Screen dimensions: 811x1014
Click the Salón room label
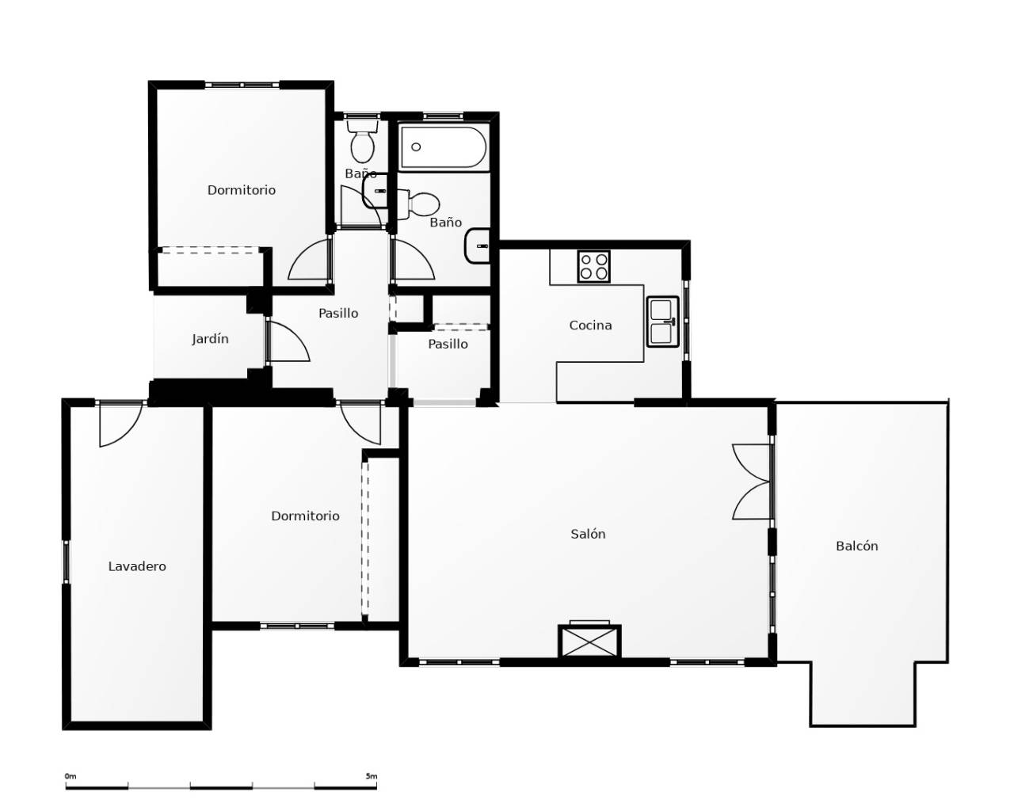point(588,534)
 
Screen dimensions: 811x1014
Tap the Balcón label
point(856,546)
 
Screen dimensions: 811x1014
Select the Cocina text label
point(590,325)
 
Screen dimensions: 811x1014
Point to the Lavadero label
point(137,566)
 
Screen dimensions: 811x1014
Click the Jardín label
point(210,339)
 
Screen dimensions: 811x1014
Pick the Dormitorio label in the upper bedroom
point(242,190)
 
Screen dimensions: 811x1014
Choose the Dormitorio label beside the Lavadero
point(305,516)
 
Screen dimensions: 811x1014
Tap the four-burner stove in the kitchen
point(593,266)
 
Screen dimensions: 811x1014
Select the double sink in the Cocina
point(662,322)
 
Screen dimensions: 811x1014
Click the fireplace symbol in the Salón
point(589,640)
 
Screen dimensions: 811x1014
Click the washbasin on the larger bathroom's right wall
point(478,246)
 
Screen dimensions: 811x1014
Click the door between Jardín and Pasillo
point(285,342)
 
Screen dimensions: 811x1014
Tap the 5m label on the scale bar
point(371,776)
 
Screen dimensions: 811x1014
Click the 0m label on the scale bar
point(71,776)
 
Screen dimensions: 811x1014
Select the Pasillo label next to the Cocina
point(448,344)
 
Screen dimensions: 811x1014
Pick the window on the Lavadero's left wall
point(67,562)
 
